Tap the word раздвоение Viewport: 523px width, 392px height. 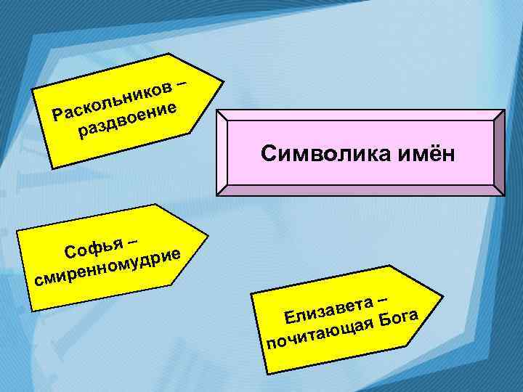coord(129,121)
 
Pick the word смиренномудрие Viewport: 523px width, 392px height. coord(108,267)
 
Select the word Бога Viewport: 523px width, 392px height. coord(397,318)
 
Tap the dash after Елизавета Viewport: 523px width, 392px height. coord(383,296)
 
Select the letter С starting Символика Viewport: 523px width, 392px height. coord(267,153)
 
